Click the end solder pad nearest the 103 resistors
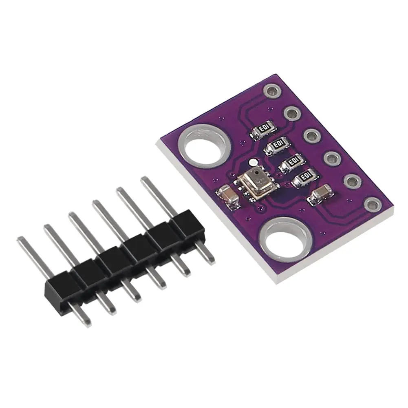point(271,90)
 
